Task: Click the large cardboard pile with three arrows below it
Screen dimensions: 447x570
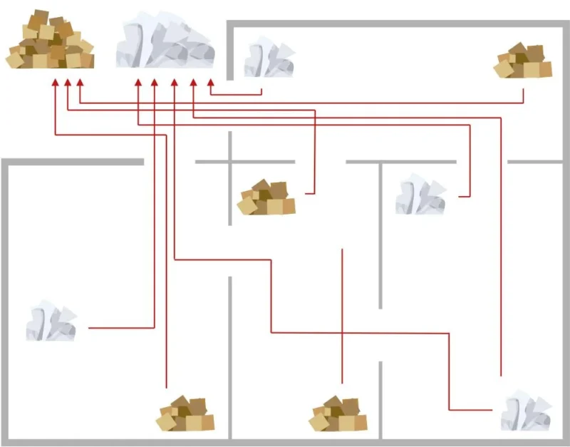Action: click(50, 41)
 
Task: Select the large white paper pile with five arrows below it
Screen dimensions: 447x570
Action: click(165, 43)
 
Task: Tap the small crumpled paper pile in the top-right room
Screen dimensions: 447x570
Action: click(269, 58)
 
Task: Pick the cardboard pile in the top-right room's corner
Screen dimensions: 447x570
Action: click(524, 61)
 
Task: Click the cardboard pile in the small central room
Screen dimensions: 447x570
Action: click(266, 197)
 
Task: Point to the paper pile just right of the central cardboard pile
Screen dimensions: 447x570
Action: click(421, 195)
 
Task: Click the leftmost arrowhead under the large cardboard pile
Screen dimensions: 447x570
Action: click(56, 83)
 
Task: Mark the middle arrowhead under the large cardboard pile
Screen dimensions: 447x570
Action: click(68, 83)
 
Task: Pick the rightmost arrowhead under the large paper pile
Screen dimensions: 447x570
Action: click(211, 83)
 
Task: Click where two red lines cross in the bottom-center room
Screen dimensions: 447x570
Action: click(343, 332)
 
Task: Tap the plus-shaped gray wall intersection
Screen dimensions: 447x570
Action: click(230, 162)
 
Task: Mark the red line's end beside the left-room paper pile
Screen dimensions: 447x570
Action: click(89, 328)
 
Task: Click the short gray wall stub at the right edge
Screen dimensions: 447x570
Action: click(538, 162)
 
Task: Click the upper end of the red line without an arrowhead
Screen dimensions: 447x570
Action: click(343, 250)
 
